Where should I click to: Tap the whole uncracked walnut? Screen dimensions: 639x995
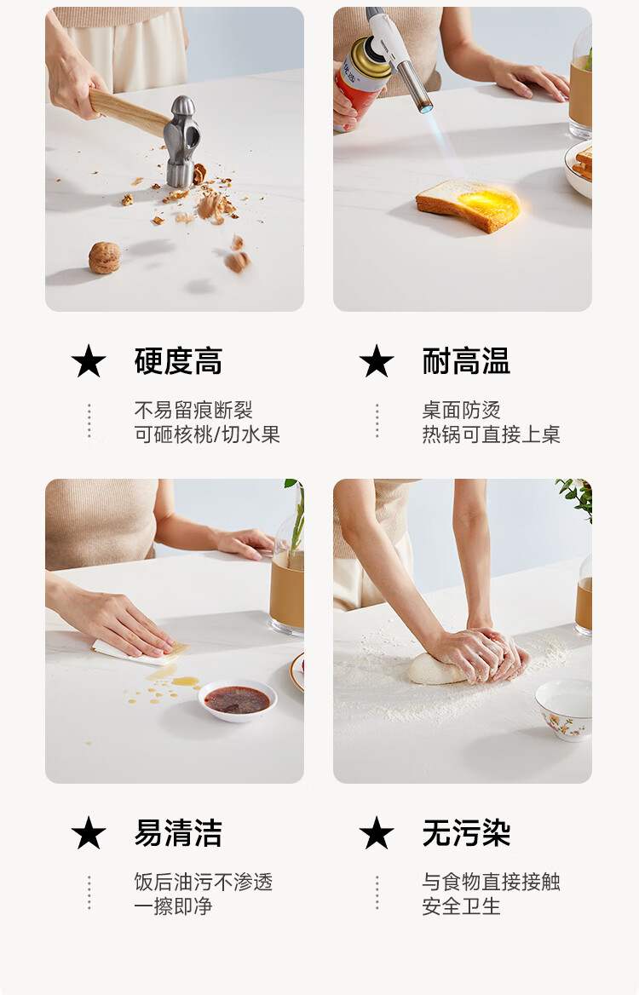click(104, 257)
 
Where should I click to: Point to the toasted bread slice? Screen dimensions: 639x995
click(469, 204)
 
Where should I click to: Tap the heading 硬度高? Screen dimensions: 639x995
click(178, 361)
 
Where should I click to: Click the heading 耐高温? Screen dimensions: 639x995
click(466, 361)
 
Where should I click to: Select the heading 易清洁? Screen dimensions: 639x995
click(178, 832)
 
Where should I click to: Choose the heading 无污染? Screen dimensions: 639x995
click(466, 832)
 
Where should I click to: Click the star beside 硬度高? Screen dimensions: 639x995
click(89, 361)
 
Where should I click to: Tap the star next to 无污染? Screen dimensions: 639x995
click(377, 832)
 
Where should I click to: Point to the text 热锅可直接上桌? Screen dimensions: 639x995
click(491, 434)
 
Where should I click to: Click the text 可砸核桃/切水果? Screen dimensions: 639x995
click(207, 434)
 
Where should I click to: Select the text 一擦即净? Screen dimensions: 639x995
click(173, 906)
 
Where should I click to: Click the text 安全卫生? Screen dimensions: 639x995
click(461, 906)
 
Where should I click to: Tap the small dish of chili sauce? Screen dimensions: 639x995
click(238, 700)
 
